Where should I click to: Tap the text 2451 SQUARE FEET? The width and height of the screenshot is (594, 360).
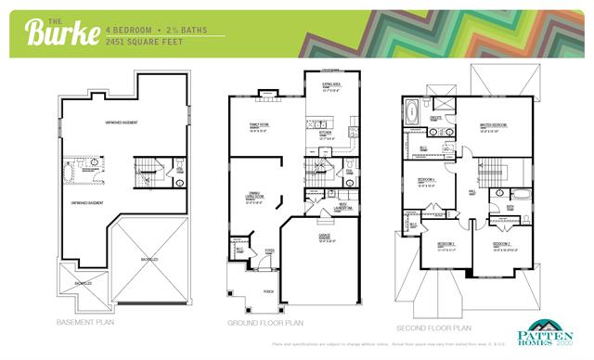pos(144,42)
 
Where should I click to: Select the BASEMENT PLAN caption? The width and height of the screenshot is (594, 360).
pos(86,323)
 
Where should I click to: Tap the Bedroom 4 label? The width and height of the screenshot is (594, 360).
pos(427,180)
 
